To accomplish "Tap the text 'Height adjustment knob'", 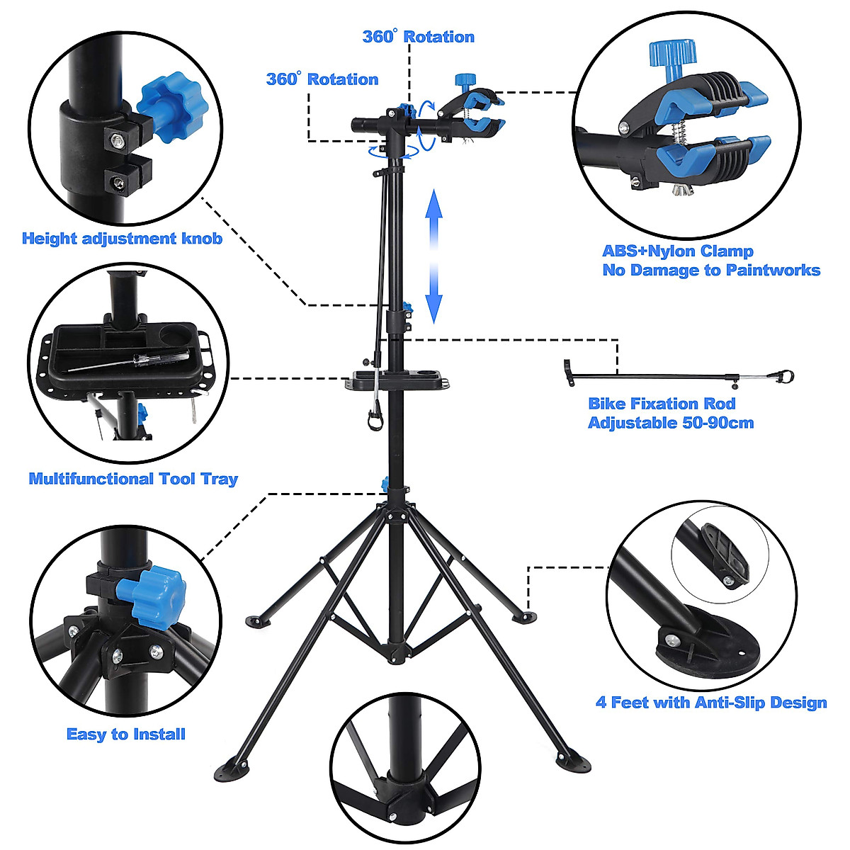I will tap(122, 239).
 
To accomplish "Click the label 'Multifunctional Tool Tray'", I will tap(133, 479).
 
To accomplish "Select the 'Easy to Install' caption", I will tap(126, 735).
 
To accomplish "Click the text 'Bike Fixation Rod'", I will tap(662, 404).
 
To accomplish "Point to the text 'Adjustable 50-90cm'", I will tap(670, 423).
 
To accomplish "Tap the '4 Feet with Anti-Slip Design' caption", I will tap(711, 703).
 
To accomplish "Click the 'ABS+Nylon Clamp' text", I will tap(677, 251).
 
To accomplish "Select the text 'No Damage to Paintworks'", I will tap(710, 270).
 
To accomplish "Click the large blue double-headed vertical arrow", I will tap(433, 261).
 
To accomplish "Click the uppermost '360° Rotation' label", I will tap(418, 37).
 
